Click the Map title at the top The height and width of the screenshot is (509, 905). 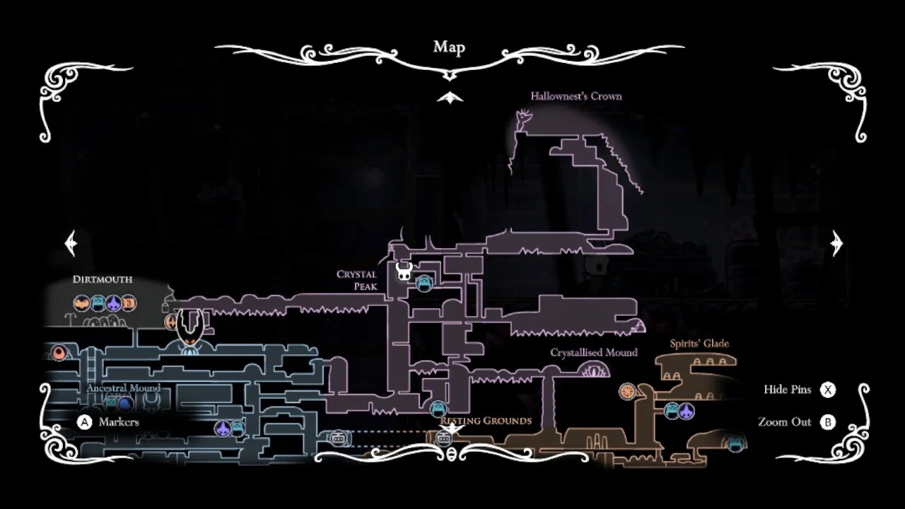coord(449,47)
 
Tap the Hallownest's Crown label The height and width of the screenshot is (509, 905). coord(576,96)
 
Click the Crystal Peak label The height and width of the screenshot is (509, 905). coord(357,280)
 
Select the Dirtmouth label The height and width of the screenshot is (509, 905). coord(103,279)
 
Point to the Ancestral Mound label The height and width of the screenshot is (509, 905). coord(124,388)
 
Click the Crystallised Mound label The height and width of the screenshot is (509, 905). coord(594,352)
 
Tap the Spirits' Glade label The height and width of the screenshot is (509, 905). coord(699,344)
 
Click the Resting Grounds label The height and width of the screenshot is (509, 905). coord(486,421)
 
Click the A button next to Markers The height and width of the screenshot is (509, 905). coord(85,422)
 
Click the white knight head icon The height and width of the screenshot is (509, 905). coord(404,271)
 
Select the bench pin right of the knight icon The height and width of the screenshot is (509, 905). coord(424,283)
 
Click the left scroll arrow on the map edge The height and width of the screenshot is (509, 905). coord(71,243)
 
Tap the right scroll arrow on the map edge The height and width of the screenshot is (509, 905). coord(837,243)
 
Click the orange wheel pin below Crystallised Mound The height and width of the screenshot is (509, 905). coord(627,391)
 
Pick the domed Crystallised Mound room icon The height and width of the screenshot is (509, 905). coord(595,369)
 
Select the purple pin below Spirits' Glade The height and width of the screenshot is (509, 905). coord(686,411)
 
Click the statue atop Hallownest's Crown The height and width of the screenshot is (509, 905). coord(523,120)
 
